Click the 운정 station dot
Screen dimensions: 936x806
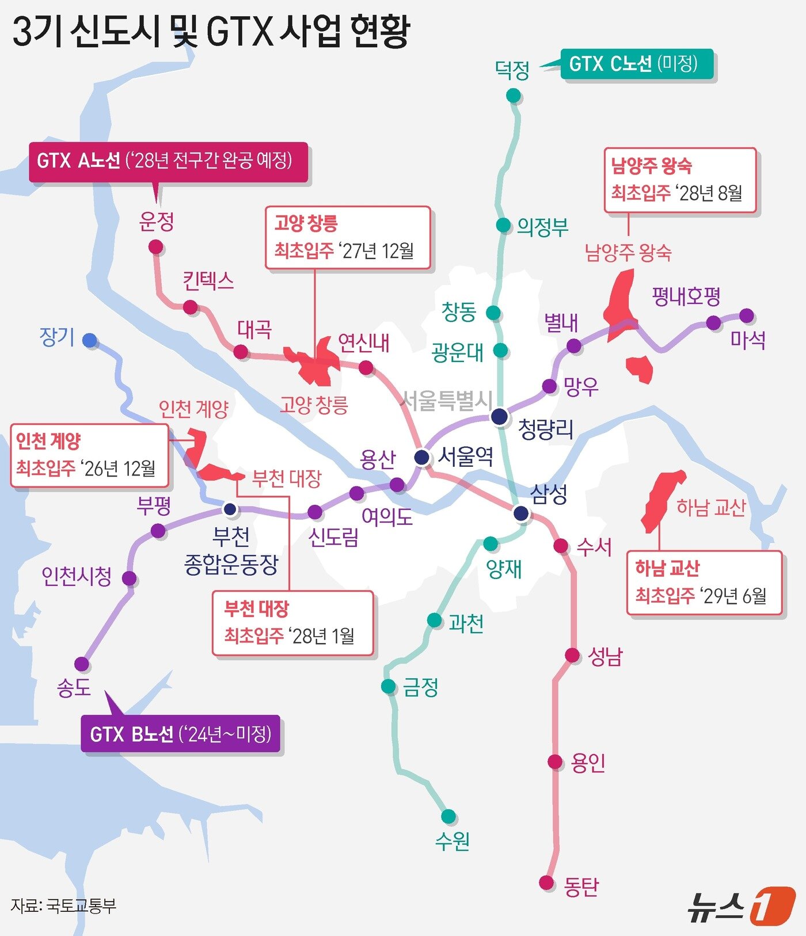click(x=156, y=248)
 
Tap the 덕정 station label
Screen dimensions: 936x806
click(x=512, y=70)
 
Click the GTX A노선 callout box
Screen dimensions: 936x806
click(x=168, y=161)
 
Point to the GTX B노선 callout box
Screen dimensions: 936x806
click(x=181, y=734)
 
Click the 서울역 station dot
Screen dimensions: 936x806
click(x=423, y=458)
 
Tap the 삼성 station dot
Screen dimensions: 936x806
click(x=521, y=513)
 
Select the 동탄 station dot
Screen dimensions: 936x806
click(x=546, y=882)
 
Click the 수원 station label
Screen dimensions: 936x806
click(x=452, y=841)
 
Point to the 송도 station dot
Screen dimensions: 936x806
click(x=82, y=664)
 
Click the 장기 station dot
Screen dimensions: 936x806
click(x=90, y=341)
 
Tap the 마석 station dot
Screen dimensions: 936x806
click(x=746, y=315)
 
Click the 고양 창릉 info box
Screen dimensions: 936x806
click(x=348, y=238)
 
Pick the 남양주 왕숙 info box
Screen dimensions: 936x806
click(x=680, y=181)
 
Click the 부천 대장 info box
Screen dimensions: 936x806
click(x=292, y=623)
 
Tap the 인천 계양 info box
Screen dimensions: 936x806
click(x=90, y=455)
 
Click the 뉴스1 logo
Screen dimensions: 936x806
click(x=742, y=905)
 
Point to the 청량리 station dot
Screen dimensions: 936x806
click(x=499, y=416)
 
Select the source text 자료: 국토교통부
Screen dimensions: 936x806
click(x=64, y=905)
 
